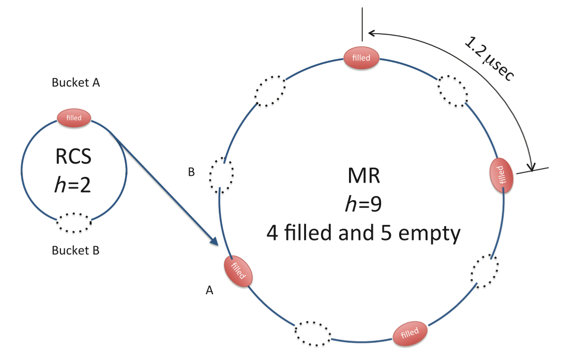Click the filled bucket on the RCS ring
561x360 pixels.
pos(74,118)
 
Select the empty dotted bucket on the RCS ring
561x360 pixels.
pos(74,223)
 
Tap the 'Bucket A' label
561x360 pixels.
pos(75,82)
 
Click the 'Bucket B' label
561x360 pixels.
pos(75,251)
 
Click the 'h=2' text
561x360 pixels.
pos(73,184)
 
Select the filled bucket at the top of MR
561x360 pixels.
pos(362,57)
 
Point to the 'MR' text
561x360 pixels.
pos(363,176)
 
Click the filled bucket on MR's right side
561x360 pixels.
pos(502,174)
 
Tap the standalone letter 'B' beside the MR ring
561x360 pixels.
pos(191,172)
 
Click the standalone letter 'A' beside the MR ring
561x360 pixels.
pos(209,291)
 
